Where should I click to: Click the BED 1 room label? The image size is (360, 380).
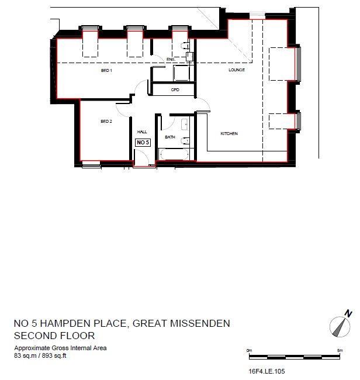(x=106, y=71)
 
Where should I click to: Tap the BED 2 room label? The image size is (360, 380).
(x=106, y=122)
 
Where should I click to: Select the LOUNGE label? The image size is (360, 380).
(x=236, y=71)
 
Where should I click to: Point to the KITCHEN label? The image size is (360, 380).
(x=229, y=134)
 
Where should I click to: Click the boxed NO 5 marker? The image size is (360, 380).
(x=143, y=142)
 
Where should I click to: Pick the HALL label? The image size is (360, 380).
(x=142, y=133)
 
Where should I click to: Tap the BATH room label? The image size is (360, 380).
(x=170, y=137)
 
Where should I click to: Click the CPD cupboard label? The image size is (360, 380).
(x=175, y=90)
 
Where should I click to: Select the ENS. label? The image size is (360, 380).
(x=171, y=60)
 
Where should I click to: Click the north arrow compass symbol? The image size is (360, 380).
(x=340, y=323)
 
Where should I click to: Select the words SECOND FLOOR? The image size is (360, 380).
(x=54, y=336)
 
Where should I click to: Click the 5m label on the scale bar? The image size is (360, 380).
(x=340, y=350)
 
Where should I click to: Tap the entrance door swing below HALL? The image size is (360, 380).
(x=142, y=158)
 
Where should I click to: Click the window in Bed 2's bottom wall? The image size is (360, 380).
(x=91, y=164)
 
